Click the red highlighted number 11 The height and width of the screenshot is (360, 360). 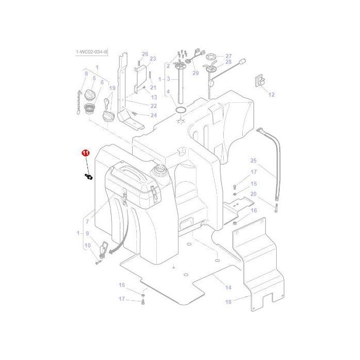(85, 153)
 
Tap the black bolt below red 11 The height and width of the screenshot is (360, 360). (88, 177)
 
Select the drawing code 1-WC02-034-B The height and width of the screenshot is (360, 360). (92, 52)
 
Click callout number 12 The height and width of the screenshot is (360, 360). (272, 95)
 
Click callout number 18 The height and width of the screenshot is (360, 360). (228, 302)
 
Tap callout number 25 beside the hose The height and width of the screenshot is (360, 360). (253, 160)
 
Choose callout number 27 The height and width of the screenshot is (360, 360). (228, 56)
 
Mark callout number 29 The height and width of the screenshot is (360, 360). (195, 73)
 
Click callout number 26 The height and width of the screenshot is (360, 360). (145, 54)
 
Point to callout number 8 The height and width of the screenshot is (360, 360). (86, 74)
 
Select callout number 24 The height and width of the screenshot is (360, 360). (153, 115)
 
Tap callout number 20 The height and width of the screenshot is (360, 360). (253, 194)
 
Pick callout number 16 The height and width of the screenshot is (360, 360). (253, 210)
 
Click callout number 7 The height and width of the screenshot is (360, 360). (87, 222)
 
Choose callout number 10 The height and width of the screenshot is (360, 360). (87, 245)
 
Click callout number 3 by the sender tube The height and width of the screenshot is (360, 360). (168, 79)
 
